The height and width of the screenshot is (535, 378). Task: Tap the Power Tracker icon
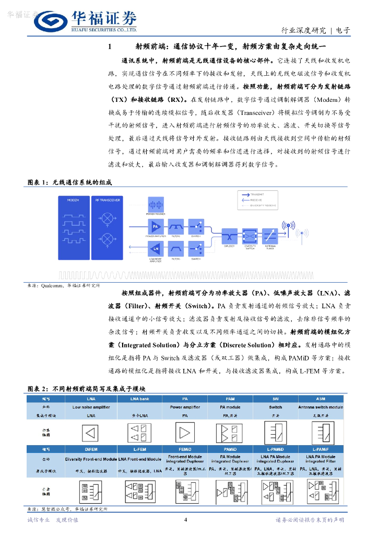click(x=155, y=205)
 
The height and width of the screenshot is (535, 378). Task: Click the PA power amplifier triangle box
click(x=155, y=226)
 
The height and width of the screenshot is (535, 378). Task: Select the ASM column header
click(x=321, y=399)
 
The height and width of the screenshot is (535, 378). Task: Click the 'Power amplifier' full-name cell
click(x=185, y=407)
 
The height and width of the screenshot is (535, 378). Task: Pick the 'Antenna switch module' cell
click(x=321, y=407)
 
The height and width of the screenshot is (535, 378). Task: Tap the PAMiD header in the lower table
click(x=230, y=449)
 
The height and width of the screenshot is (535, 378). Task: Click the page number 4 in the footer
click(x=186, y=520)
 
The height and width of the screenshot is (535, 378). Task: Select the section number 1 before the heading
click(x=110, y=47)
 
